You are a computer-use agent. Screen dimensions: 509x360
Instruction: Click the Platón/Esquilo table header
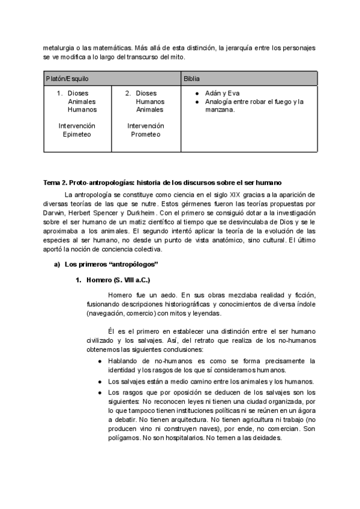point(67,79)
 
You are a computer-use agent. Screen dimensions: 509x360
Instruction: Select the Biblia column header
point(193,79)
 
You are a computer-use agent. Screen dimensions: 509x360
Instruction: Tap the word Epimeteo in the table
point(77,134)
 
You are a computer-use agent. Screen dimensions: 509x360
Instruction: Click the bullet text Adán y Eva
point(222,93)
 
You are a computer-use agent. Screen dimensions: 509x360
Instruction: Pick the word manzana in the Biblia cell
point(218,109)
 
